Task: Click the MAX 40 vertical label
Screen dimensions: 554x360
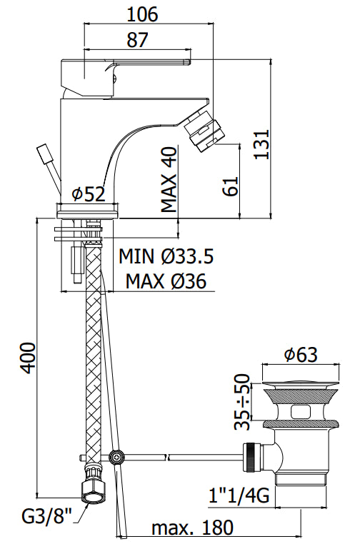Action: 169,180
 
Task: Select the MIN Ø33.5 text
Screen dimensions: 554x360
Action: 166,256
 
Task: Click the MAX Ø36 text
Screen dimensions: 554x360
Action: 166,282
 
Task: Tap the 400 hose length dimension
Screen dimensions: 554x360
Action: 26,356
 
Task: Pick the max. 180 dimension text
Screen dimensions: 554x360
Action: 192,528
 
